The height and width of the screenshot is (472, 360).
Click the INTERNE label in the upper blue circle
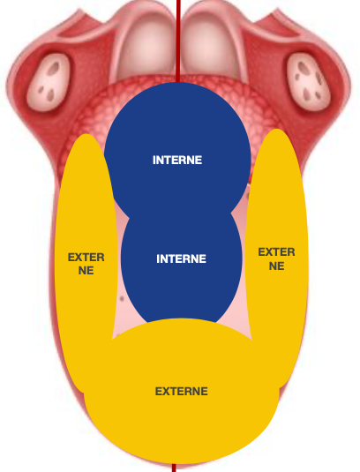pyautogui.click(x=177, y=161)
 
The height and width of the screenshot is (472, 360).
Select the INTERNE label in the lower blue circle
pyautogui.click(x=181, y=258)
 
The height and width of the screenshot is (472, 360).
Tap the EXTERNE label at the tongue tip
pyautogui.click(x=181, y=392)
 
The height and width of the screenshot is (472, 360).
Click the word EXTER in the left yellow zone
pyautogui.click(x=86, y=258)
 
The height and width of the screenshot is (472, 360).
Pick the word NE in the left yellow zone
pyautogui.click(x=86, y=271)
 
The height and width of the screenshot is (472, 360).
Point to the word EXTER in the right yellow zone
pyautogui.click(x=276, y=252)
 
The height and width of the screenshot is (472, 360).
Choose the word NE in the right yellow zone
pyautogui.click(x=277, y=266)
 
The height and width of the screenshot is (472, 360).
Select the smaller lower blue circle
pyautogui.click(x=182, y=265)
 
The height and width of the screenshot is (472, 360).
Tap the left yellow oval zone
pyautogui.click(x=86, y=256)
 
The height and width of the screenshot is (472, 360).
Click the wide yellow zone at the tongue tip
pyautogui.click(x=181, y=392)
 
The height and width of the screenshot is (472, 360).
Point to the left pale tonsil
pyautogui.click(x=49, y=82)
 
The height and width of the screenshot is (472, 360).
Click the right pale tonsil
pyautogui.click(x=309, y=82)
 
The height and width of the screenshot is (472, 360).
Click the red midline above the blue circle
pyautogui.click(x=178, y=41)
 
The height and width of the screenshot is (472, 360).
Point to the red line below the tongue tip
pyautogui.click(x=174, y=468)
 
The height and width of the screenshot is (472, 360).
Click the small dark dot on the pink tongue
pyautogui.click(x=122, y=298)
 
